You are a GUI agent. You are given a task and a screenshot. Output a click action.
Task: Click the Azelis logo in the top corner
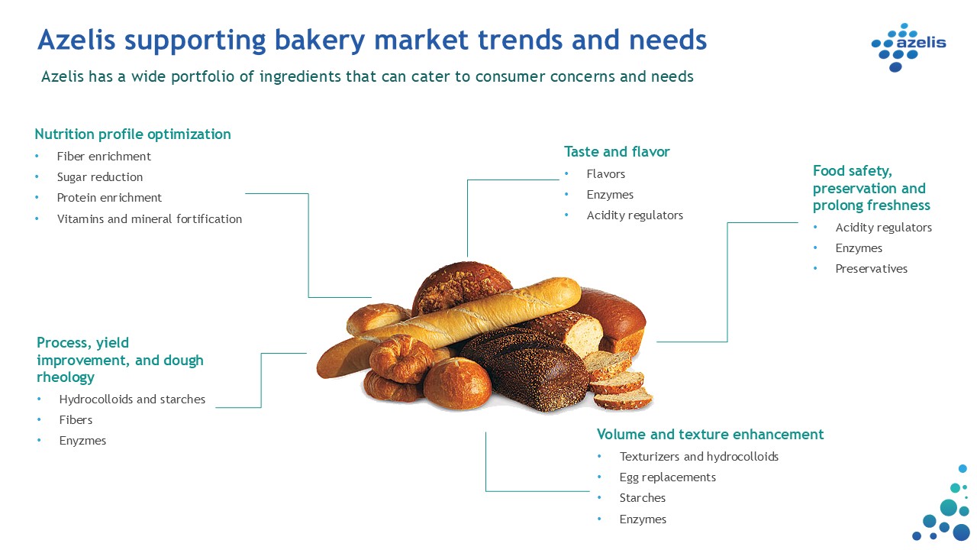[x=908, y=47]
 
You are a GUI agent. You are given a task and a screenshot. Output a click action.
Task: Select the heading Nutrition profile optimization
[x=133, y=134]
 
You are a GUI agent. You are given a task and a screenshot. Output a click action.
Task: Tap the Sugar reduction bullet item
[x=100, y=176]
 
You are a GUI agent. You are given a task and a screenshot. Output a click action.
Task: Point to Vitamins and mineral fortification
[x=149, y=218]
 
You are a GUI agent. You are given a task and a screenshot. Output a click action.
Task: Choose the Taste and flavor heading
[x=617, y=151]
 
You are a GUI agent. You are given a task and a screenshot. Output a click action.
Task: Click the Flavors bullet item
[x=605, y=173]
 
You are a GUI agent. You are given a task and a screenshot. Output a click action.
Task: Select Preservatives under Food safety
[x=871, y=268]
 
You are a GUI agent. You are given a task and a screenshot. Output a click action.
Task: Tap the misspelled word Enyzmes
[x=82, y=441]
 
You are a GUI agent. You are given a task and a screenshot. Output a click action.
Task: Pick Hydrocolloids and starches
[x=132, y=399]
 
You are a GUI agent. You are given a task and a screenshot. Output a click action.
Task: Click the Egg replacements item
[x=667, y=477]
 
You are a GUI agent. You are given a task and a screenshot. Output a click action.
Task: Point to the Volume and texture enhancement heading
[x=710, y=435]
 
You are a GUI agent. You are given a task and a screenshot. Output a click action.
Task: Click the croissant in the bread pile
[x=401, y=359]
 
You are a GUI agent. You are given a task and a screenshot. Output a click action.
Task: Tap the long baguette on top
[x=450, y=325]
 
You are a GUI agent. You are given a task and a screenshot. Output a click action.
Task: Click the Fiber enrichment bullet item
[x=104, y=157]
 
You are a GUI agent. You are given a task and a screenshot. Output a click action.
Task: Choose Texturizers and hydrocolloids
[x=698, y=457]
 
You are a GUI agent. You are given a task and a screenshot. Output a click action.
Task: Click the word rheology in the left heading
[x=66, y=377]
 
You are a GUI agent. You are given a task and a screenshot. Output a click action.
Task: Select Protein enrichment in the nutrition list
[x=109, y=198]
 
